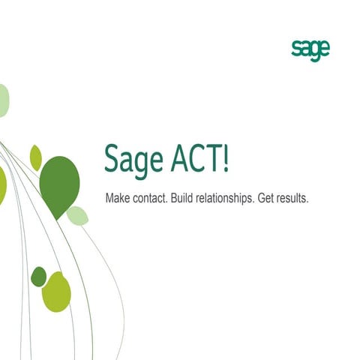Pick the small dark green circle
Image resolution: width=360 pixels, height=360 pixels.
38,276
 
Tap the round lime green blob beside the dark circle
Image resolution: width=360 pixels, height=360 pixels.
56,292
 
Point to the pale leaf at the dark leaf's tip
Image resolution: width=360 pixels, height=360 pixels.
77,216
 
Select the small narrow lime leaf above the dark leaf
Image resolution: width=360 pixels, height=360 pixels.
35,157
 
